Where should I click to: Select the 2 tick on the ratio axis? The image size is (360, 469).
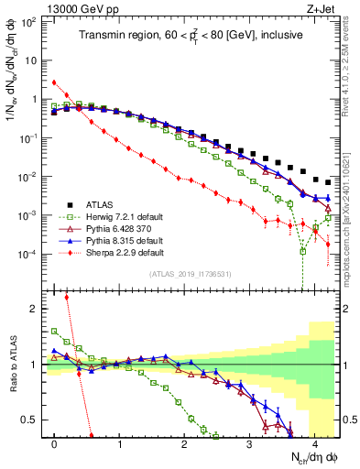[34, 309]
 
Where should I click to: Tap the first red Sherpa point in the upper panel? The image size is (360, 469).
[55, 82]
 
